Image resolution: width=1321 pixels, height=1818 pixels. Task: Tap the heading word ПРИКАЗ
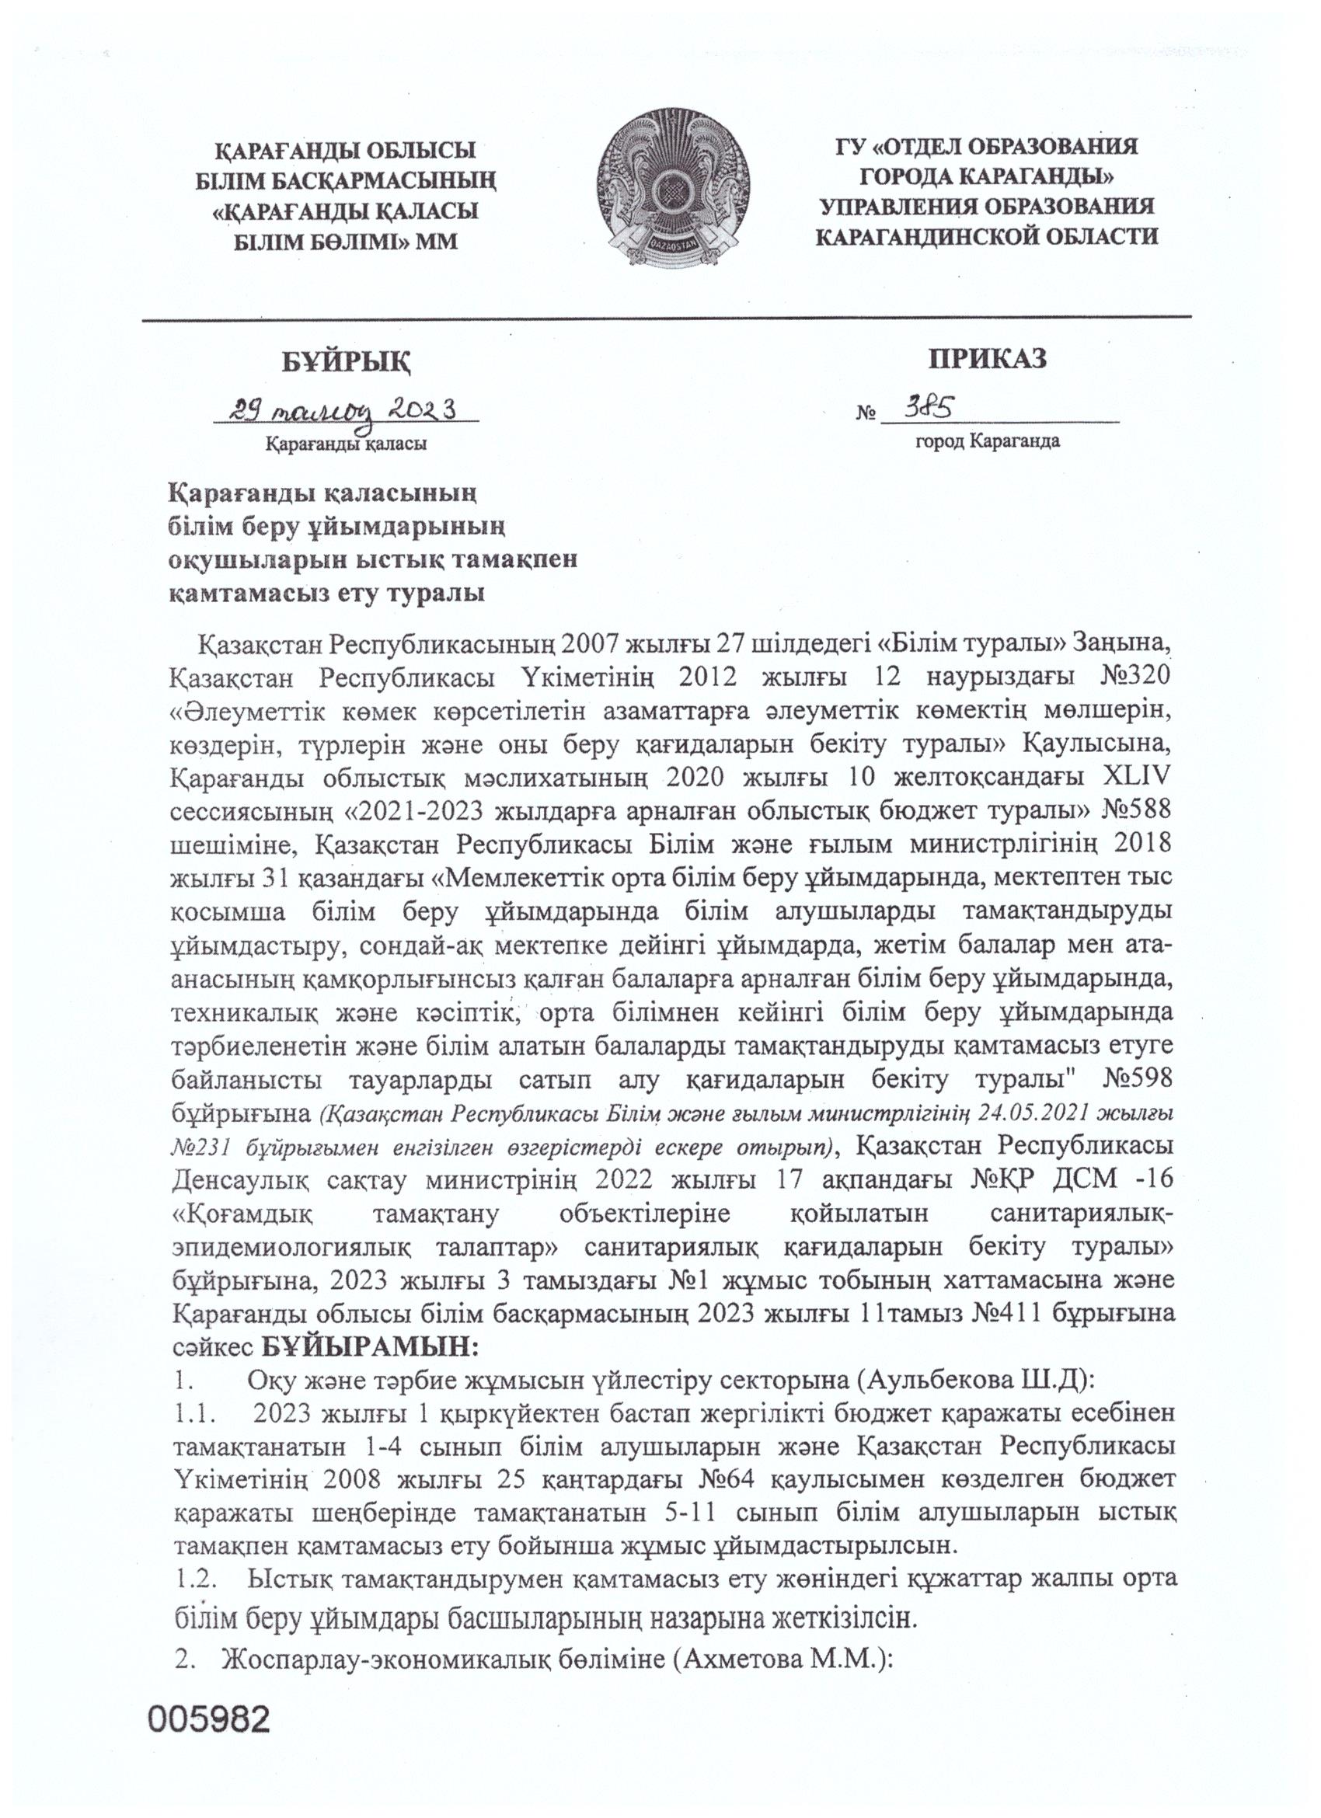coord(988,358)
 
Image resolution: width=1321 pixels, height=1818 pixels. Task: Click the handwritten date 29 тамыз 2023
coord(344,411)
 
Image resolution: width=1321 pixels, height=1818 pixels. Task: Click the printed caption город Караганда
coord(988,440)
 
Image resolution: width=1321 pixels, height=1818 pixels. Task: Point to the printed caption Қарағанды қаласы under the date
coord(347,443)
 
